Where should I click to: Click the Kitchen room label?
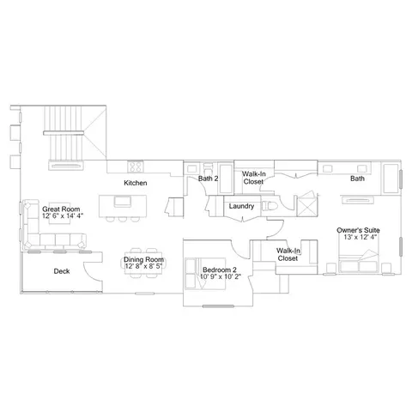click(x=136, y=183)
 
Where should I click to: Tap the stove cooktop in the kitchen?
click(x=136, y=167)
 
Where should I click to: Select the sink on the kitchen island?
click(x=123, y=202)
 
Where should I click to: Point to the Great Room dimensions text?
click(x=63, y=216)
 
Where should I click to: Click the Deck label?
click(x=62, y=271)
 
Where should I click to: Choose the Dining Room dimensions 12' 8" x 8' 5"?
click(x=143, y=266)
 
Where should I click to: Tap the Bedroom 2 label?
click(x=220, y=270)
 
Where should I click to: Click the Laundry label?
click(x=241, y=206)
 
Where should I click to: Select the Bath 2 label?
click(x=208, y=179)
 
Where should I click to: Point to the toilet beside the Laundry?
click(x=270, y=206)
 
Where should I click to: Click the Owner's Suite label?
click(x=358, y=230)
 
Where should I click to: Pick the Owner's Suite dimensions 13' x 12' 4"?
click(x=360, y=237)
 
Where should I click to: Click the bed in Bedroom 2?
click(x=205, y=274)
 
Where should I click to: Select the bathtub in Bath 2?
click(x=226, y=179)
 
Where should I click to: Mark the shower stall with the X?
click(x=306, y=204)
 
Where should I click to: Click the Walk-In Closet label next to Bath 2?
click(x=253, y=178)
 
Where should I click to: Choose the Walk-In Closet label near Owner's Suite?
click(x=288, y=254)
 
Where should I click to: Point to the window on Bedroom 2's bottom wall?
click(x=218, y=306)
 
